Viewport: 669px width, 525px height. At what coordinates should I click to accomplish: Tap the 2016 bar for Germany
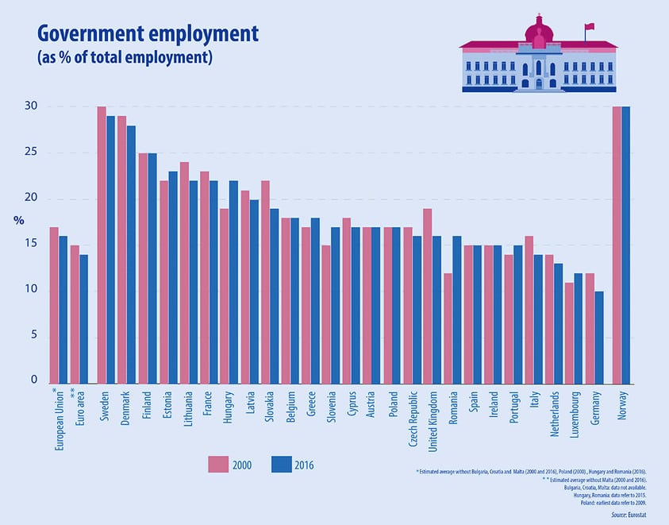tap(599, 337)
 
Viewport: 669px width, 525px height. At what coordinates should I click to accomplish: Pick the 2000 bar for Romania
tap(448, 327)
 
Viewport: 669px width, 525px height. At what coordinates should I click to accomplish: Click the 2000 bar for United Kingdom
tap(428, 295)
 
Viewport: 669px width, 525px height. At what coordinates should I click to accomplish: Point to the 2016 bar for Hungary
tap(233, 281)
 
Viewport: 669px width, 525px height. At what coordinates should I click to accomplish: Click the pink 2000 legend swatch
tap(219, 465)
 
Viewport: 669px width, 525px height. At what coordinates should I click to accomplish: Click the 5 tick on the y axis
tap(33, 336)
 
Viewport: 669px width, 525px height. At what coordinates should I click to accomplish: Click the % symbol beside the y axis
tap(18, 220)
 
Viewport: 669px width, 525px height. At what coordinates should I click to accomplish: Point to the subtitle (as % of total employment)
tap(125, 58)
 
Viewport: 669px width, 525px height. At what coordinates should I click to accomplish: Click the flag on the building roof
tap(589, 29)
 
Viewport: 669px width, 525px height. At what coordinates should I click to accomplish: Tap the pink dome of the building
tap(540, 32)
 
